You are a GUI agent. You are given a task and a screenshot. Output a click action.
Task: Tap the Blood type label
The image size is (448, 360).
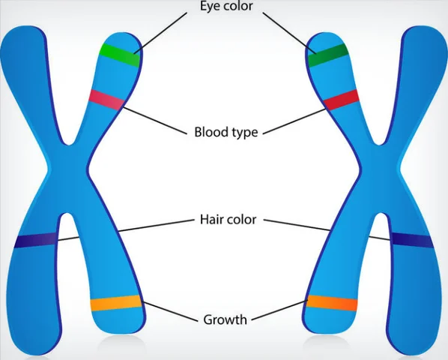tap(225, 133)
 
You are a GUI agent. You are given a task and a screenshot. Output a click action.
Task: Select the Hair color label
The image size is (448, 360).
tap(225, 220)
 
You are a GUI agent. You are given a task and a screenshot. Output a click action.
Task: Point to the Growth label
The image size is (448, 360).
tap(225, 319)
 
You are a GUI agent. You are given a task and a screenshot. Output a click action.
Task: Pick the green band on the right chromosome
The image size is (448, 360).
tap(327, 55)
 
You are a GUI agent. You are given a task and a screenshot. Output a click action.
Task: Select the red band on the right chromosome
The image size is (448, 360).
tap(342, 99)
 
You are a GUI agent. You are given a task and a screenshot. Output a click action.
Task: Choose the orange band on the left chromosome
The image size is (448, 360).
tap(115, 304)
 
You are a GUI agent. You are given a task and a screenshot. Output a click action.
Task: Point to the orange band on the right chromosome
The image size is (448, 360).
tap(332, 304)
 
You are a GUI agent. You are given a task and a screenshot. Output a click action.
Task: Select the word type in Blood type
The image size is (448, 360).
tap(244, 133)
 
